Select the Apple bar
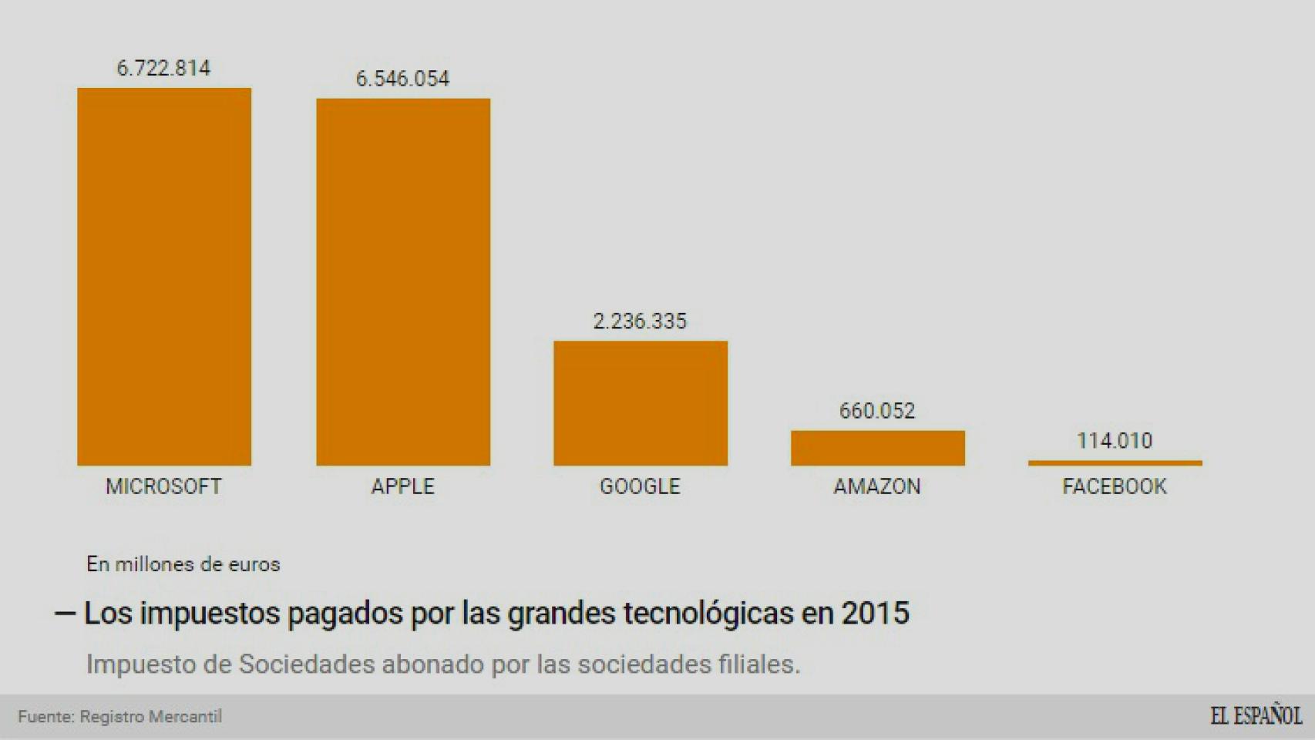pyautogui.click(x=403, y=281)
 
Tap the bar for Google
pyautogui.click(x=641, y=402)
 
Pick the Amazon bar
pyautogui.click(x=877, y=448)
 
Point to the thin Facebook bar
pyautogui.click(x=1115, y=463)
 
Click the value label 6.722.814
pyautogui.click(x=163, y=69)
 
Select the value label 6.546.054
pyautogui.click(x=402, y=79)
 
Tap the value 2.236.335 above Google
pyautogui.click(x=640, y=321)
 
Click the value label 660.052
pyautogui.click(x=877, y=411)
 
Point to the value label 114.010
pyautogui.click(x=1115, y=441)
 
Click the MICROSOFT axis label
pyautogui.click(x=163, y=486)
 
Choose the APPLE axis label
pyautogui.click(x=402, y=486)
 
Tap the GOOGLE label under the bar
pyautogui.click(x=640, y=486)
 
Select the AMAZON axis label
pyautogui.click(x=877, y=486)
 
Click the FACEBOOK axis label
pyautogui.click(x=1115, y=486)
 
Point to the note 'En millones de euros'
pyautogui.click(x=183, y=564)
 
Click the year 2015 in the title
pyautogui.click(x=875, y=614)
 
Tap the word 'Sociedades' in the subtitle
pyautogui.click(x=307, y=664)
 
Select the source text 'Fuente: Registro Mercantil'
pyautogui.click(x=120, y=717)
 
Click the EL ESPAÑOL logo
pyautogui.click(x=1256, y=716)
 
